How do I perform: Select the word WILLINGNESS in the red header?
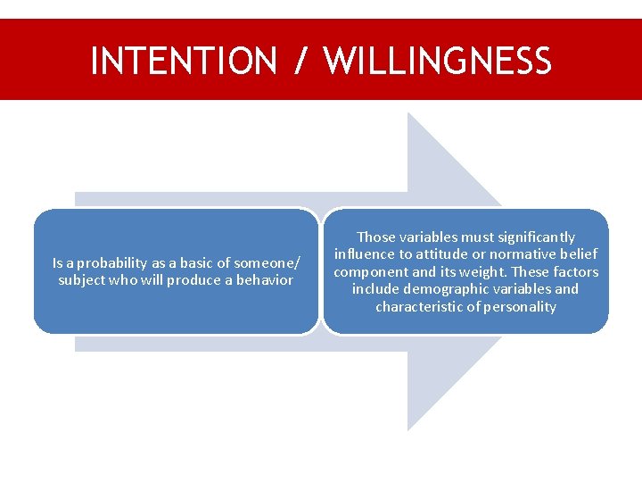click(x=438, y=61)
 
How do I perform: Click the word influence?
click(x=363, y=254)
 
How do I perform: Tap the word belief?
click(x=580, y=254)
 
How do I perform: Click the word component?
click(x=367, y=271)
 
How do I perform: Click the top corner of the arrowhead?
click(x=408, y=113)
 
